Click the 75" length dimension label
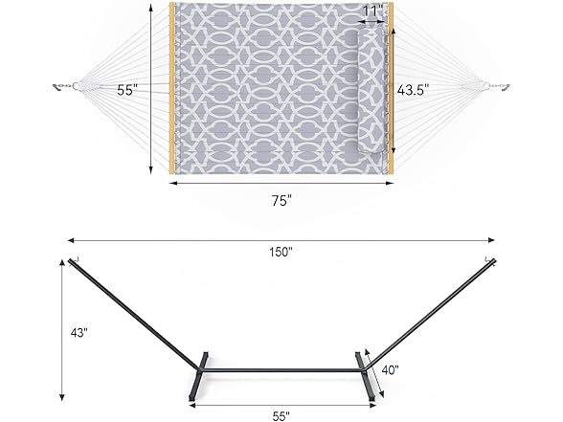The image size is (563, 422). click(281, 201)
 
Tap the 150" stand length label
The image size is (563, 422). click(281, 253)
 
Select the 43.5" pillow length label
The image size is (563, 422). click(413, 90)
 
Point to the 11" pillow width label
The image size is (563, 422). click(373, 10)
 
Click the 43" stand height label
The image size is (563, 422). click(79, 333)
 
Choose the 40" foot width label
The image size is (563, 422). click(390, 369)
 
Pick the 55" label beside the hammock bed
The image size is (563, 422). click(127, 90)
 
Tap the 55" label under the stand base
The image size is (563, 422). click(281, 416)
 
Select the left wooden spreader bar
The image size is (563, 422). click(172, 89)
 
